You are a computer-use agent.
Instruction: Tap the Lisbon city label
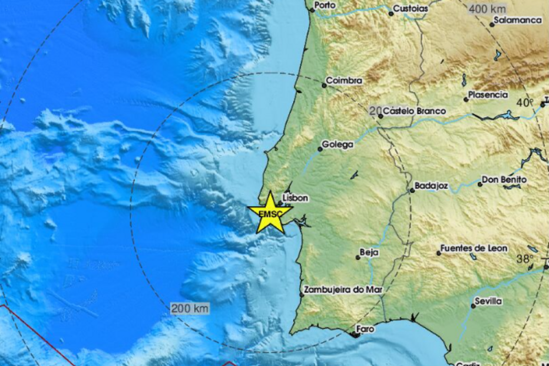296,199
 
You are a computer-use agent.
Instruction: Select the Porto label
325,5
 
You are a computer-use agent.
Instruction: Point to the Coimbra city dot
324,85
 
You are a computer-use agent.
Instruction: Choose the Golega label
338,144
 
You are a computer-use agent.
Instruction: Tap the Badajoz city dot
412,190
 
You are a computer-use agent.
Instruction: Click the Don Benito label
504,180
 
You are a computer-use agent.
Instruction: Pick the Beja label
369,252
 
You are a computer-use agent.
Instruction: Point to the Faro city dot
355,335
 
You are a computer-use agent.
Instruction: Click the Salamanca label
518,20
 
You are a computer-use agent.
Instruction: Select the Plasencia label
488,94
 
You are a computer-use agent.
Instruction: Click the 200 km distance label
189,308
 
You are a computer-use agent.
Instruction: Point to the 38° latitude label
525,259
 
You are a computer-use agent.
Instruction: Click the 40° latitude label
524,103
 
